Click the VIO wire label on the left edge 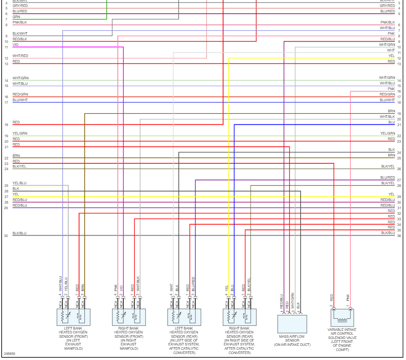15,45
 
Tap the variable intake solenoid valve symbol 342,318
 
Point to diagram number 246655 9,354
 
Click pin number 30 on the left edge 6,236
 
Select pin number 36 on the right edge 399,236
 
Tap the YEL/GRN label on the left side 19,133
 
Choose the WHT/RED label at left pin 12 20,56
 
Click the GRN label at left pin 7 16,17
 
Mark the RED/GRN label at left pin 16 20,94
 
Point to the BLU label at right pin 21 391,122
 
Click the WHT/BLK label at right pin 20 387,117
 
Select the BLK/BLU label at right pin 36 388,233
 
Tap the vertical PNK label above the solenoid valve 348,296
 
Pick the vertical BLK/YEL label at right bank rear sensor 249,285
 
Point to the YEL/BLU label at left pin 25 19,183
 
